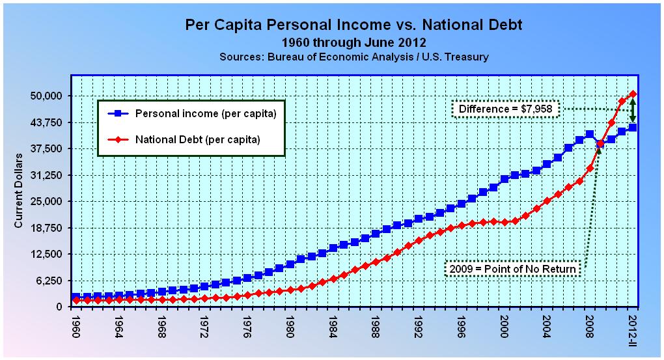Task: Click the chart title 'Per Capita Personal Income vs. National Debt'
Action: pos(353,25)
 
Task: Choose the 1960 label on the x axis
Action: pos(77,329)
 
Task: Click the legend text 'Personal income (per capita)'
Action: pos(205,114)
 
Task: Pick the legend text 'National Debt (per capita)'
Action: pos(198,139)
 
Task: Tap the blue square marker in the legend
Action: pos(118,114)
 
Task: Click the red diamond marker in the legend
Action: pos(118,139)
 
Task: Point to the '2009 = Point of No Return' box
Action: pos(513,269)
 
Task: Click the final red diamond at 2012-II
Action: pos(633,94)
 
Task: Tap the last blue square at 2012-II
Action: pos(633,128)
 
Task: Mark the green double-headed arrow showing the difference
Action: pos(633,111)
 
